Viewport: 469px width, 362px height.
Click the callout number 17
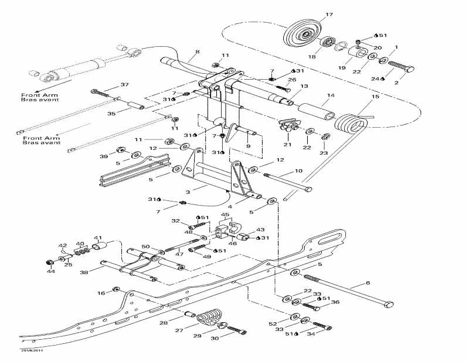click(329, 14)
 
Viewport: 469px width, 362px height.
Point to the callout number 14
click(331, 95)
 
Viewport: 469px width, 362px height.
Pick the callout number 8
click(197, 52)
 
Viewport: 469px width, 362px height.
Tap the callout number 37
click(124, 85)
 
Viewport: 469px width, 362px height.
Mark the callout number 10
click(298, 171)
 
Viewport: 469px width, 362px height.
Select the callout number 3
click(188, 192)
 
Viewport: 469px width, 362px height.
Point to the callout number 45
click(224, 215)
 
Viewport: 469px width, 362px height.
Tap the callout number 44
click(51, 271)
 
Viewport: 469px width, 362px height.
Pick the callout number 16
click(101, 293)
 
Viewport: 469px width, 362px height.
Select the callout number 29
click(197, 336)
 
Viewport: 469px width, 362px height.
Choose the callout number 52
click(273, 323)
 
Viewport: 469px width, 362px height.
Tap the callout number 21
click(287, 144)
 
